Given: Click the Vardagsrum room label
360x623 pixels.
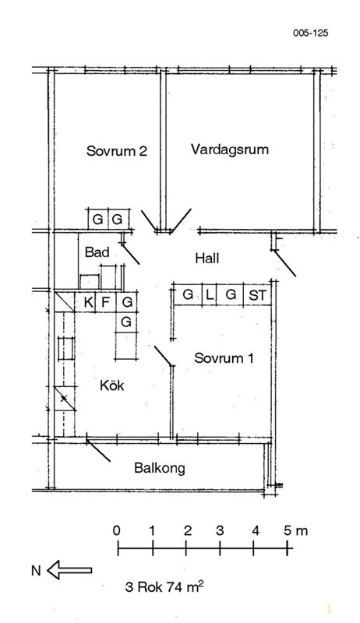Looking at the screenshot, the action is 230,150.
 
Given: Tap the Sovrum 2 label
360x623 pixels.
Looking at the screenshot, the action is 117,151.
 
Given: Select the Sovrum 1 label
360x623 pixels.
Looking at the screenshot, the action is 224,358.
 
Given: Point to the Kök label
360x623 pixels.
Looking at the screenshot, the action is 112,385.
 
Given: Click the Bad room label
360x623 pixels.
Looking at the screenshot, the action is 97,252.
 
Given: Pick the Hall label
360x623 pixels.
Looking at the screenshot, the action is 207,259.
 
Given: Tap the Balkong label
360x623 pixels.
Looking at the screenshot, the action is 160,468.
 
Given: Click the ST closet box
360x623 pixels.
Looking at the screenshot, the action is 257,295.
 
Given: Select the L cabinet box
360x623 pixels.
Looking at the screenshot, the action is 210,295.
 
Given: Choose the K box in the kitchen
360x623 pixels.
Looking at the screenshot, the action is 89,303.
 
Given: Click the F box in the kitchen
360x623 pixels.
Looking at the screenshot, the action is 106,303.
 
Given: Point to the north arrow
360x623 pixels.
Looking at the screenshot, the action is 69,570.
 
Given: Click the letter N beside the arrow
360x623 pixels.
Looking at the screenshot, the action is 36,571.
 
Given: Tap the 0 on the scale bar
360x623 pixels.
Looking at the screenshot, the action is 116,531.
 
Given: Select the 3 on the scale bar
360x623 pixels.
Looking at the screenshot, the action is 220,531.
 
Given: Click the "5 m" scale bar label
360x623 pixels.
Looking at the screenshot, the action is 295,531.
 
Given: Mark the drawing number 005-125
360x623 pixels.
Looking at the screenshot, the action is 311,33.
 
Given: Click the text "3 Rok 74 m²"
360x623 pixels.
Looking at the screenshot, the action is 164,586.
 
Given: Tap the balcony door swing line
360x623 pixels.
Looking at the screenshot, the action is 98,450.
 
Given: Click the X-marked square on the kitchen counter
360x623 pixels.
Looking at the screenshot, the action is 64,398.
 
